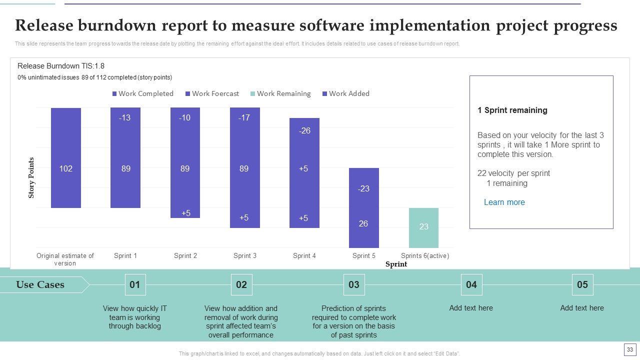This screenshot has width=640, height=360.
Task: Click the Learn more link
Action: coord(504,202)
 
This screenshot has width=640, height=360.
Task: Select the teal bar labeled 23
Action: coord(423,227)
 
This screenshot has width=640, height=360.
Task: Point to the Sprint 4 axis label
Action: coord(304,256)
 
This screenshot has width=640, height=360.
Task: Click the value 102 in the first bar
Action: coord(66,169)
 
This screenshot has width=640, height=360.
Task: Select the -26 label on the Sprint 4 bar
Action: coord(304,131)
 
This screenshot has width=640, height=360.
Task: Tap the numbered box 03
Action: coord(354,285)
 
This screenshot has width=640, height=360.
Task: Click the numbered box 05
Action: coord(582,285)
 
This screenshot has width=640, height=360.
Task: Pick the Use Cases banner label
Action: coord(40,285)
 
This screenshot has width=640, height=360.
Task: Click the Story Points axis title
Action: coord(31,178)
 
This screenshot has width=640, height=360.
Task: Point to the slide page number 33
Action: coord(629,349)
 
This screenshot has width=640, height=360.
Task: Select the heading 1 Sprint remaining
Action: coord(512,110)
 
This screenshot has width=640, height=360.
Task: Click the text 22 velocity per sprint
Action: coord(513,173)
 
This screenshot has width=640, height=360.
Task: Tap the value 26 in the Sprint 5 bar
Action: coord(363,223)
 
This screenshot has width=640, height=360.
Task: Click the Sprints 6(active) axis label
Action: coord(425,256)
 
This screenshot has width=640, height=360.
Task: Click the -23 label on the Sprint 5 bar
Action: coord(363,189)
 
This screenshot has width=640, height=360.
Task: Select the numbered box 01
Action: coord(135,285)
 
